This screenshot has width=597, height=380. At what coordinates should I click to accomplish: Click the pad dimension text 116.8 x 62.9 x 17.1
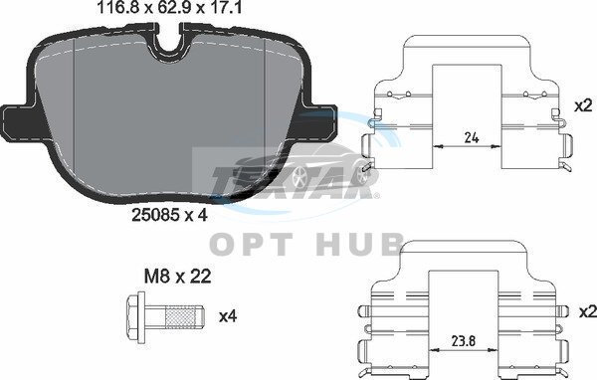(170, 8)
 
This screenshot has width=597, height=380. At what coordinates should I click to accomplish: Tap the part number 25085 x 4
(169, 216)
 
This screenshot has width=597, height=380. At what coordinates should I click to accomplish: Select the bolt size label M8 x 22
(177, 277)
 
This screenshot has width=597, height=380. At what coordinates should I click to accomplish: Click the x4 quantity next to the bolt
(228, 316)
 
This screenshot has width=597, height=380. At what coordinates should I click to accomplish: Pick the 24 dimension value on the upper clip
(472, 137)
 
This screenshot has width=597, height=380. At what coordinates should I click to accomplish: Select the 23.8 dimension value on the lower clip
(465, 341)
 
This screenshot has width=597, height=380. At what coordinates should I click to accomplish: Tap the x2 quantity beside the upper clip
(583, 105)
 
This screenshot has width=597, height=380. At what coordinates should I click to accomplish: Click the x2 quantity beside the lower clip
(587, 311)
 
